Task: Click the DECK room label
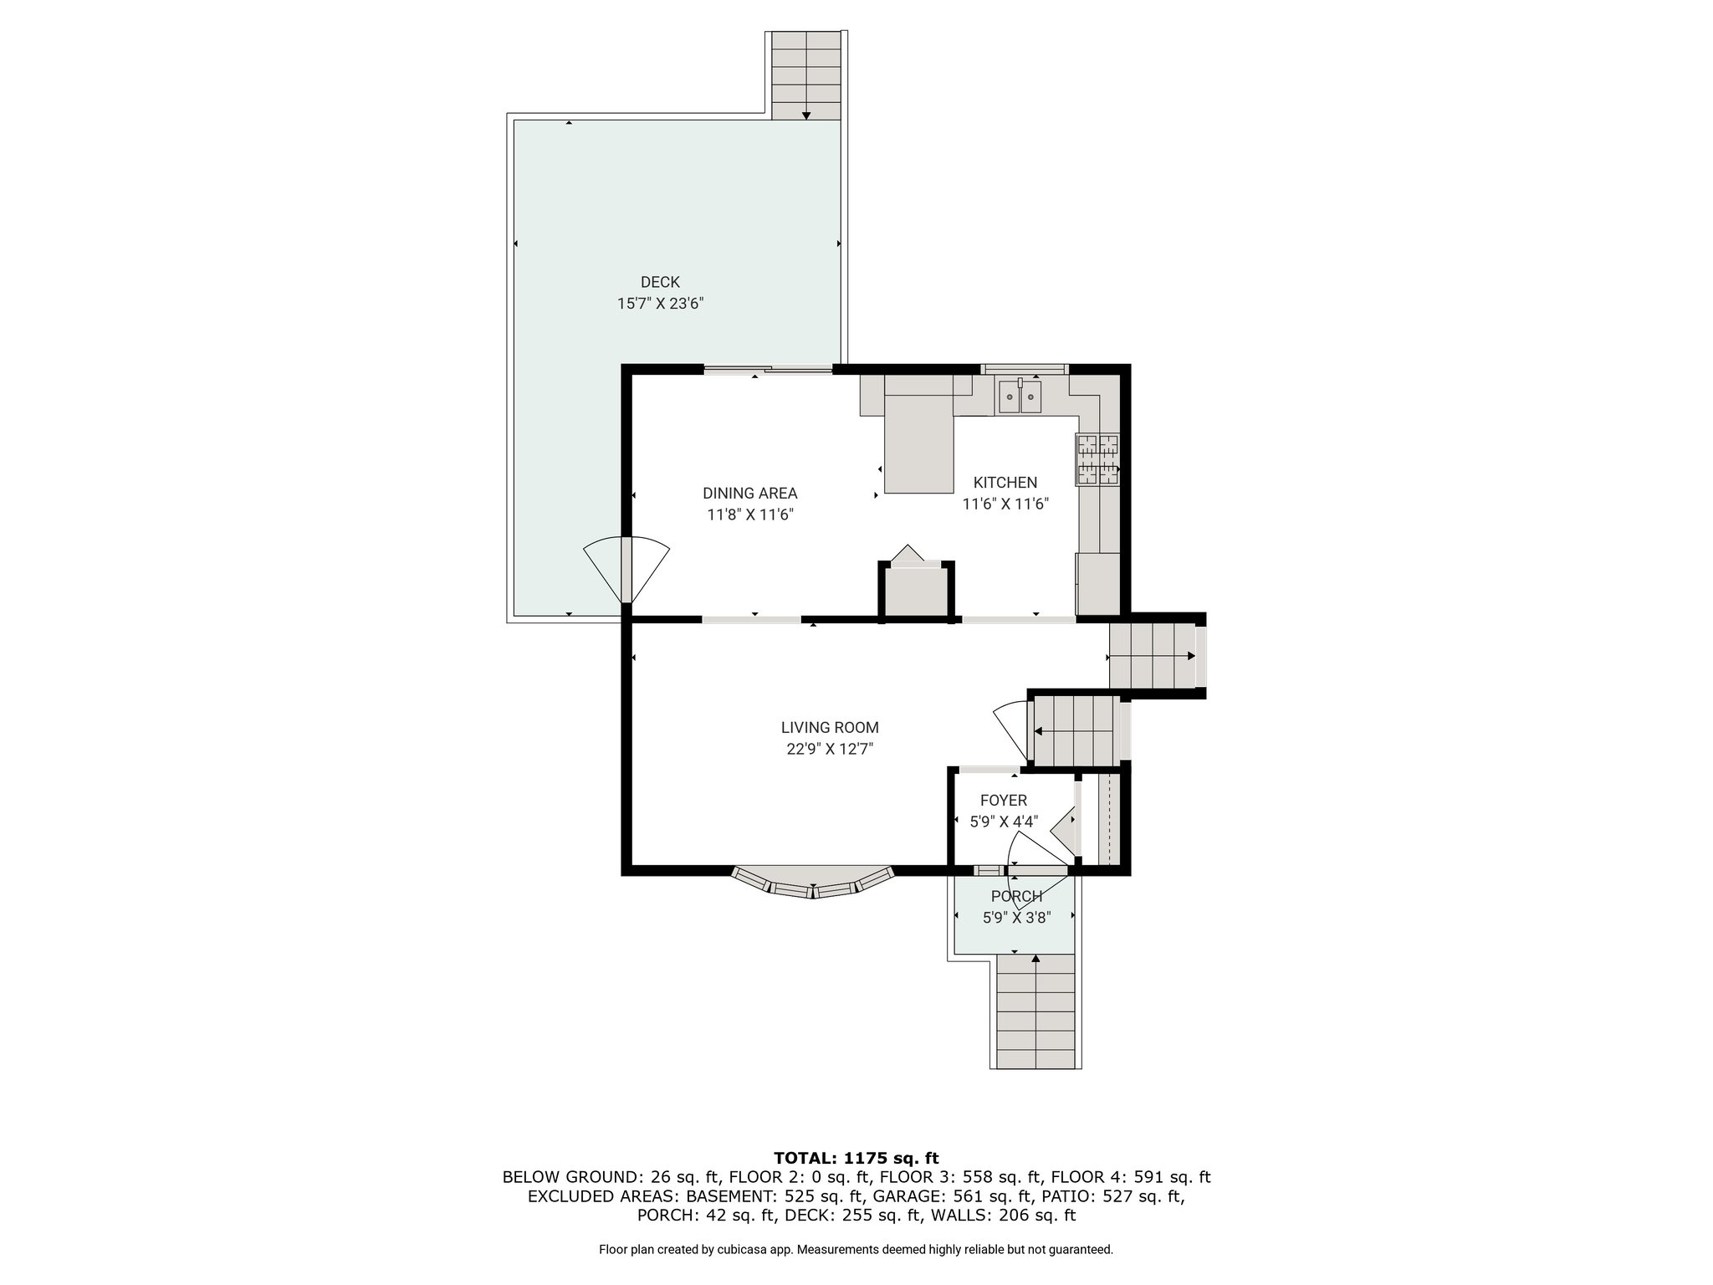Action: (660, 282)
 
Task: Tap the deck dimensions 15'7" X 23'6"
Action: (660, 304)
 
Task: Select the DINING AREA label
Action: (749, 494)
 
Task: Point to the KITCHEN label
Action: (1005, 483)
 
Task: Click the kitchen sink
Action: (1020, 396)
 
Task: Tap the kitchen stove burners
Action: (1097, 459)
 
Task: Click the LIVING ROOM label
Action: (830, 728)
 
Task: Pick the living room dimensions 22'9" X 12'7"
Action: (830, 750)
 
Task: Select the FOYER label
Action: (1004, 801)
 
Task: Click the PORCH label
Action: (1017, 897)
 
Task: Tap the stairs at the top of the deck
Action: (805, 75)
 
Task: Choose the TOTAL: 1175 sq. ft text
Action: (856, 1158)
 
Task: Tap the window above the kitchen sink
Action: (1025, 368)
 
